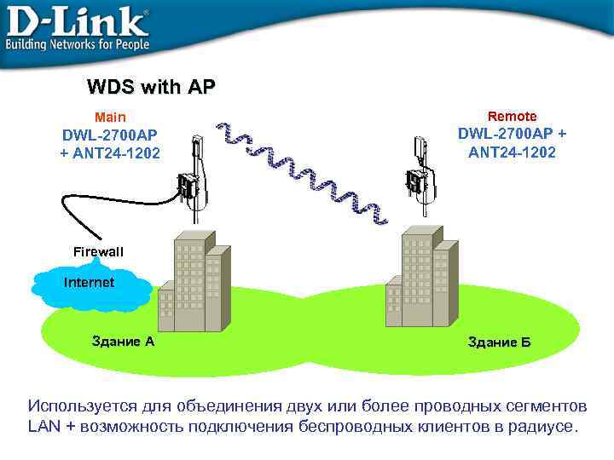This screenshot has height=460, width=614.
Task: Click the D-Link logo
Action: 77,20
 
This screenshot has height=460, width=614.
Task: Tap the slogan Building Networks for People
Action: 78,43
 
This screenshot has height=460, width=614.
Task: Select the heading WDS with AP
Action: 151,87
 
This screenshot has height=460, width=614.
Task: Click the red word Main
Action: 110,117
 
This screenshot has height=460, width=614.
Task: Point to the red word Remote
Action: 512,116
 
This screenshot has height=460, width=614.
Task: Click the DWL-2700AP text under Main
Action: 110,135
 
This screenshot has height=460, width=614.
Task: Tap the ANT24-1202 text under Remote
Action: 512,152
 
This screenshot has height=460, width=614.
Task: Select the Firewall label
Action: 98,252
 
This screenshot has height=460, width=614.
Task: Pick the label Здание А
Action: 123,342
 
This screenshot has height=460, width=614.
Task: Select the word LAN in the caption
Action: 43,426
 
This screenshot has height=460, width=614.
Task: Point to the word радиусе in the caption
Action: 547,426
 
